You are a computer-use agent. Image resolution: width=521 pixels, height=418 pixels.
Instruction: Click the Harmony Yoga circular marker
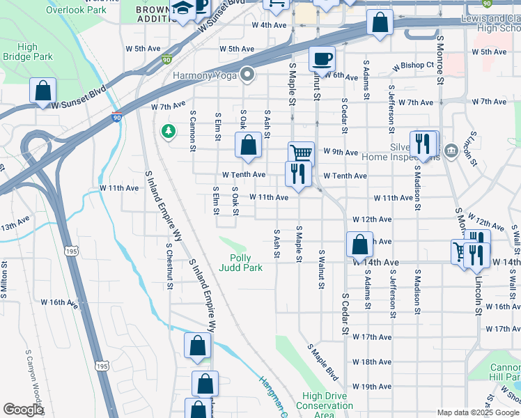click(247, 75)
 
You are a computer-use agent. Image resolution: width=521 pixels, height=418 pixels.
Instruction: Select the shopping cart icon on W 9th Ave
click(300, 153)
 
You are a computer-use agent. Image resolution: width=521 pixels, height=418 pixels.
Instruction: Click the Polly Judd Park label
click(240, 262)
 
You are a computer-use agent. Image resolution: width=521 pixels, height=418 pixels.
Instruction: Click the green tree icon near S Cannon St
click(168, 131)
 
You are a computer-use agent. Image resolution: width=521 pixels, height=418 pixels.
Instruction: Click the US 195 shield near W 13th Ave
click(71, 250)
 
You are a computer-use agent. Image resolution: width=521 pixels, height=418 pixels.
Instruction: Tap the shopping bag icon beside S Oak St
click(248, 146)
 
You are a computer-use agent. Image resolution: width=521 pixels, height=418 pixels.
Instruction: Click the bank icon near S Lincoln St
click(450, 150)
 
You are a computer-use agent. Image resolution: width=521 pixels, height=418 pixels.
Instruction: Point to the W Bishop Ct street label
click(413, 65)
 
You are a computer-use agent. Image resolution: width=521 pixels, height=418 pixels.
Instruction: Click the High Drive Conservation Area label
click(325, 405)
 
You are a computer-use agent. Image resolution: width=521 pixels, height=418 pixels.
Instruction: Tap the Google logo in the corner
click(23, 410)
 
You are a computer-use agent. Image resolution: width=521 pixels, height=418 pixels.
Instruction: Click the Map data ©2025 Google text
click(477, 412)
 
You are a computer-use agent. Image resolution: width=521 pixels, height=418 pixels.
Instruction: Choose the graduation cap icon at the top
click(183, 10)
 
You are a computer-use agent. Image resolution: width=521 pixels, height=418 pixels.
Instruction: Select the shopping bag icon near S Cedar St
click(359, 245)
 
